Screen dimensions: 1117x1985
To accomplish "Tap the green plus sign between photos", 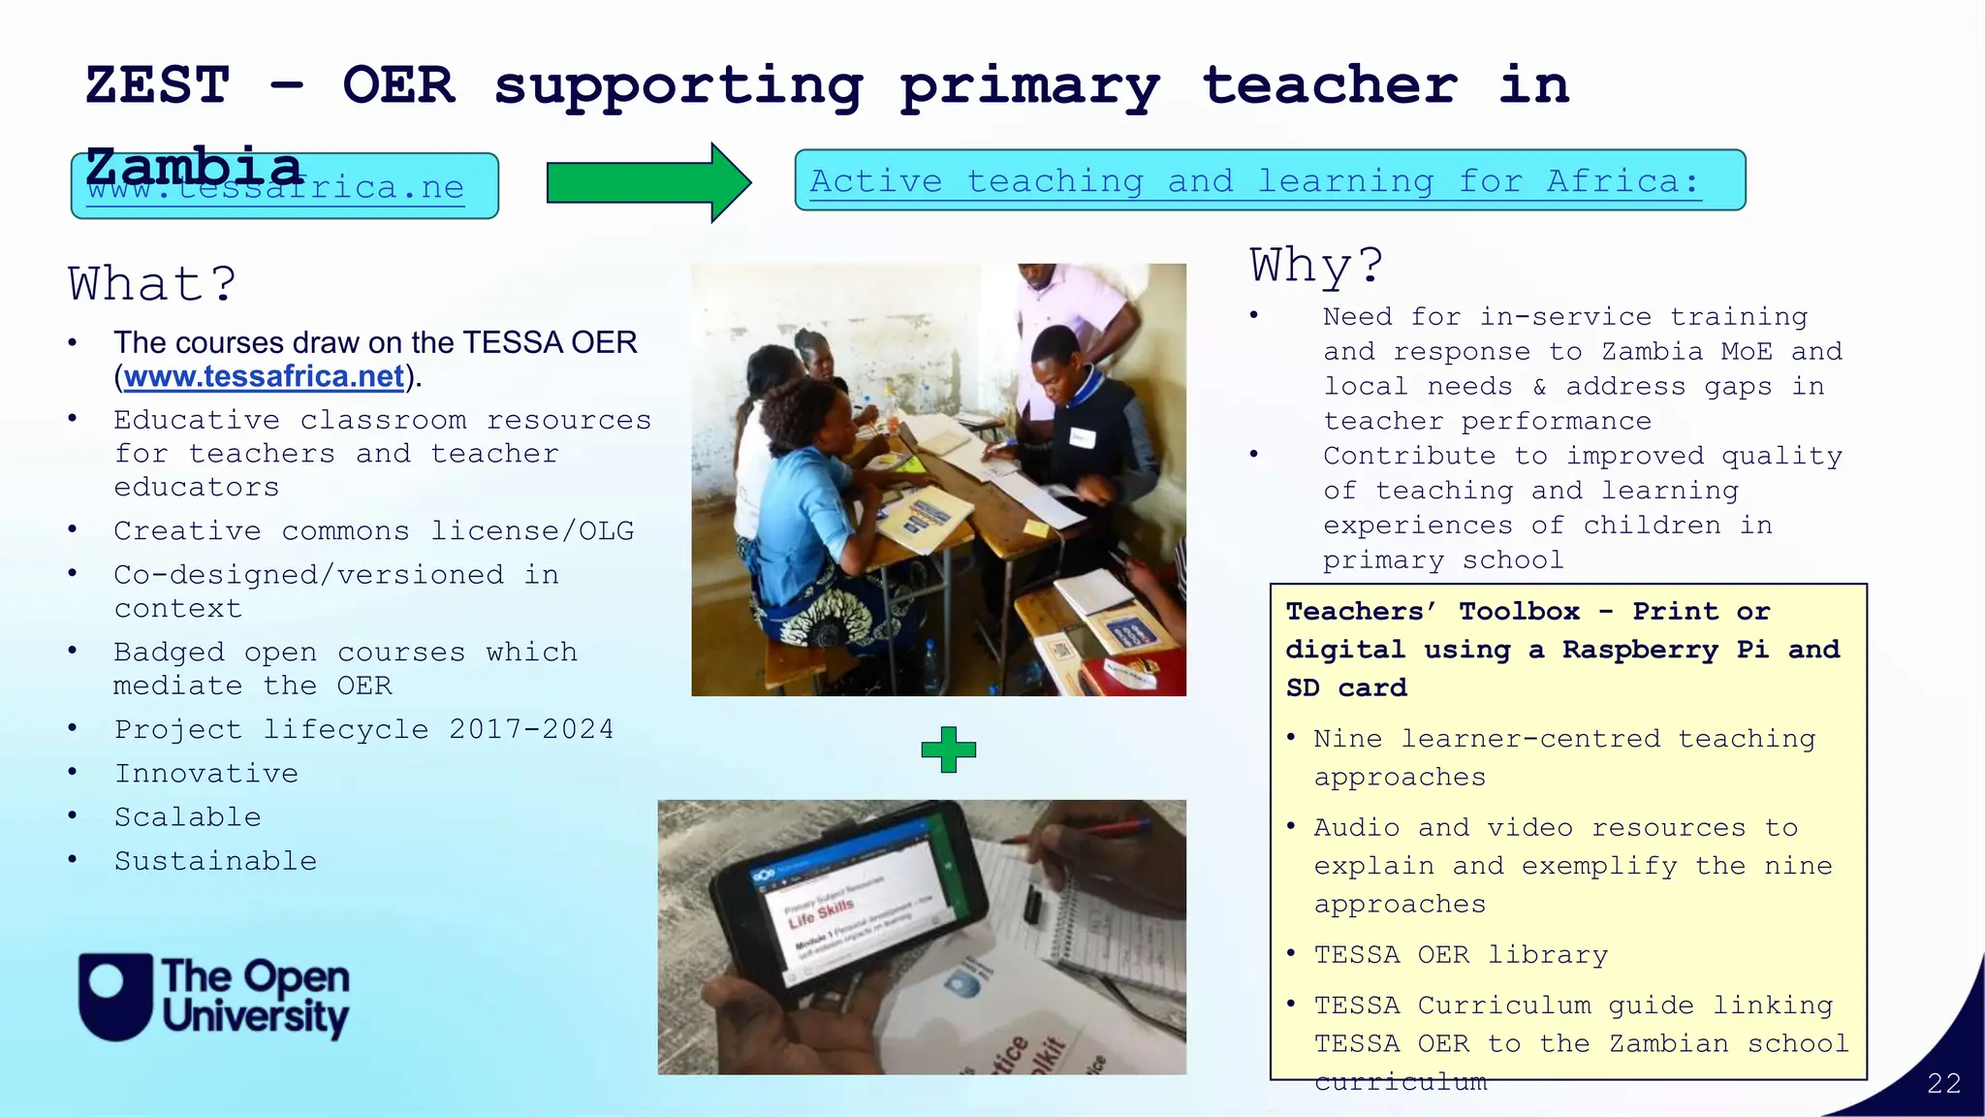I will pyautogui.click(x=948, y=750).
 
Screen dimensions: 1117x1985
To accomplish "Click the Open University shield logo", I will pyautogui.click(x=115, y=996).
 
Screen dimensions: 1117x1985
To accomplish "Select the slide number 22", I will pyautogui.click(x=1943, y=1083).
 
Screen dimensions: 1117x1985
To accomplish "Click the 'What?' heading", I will pyautogui.click(x=152, y=284).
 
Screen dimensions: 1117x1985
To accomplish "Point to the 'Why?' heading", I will pyautogui.click(x=1316, y=265).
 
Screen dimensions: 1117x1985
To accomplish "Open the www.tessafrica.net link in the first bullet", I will pyautogui.click(x=264, y=376).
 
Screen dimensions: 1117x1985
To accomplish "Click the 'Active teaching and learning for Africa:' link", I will pyautogui.click(x=1254, y=181).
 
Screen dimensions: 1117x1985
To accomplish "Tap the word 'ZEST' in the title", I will pyautogui.click(x=157, y=85).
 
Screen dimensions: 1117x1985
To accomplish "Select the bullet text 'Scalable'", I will pyautogui.click(x=188, y=817).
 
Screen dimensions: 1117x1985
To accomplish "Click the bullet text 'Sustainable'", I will pyautogui.click(x=215, y=861).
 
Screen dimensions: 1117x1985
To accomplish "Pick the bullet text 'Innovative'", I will pyautogui.click(x=206, y=774).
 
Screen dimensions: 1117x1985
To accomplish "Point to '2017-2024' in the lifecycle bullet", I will pyautogui.click(x=531, y=729).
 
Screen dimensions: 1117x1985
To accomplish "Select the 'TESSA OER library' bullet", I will pyautogui.click(x=1460, y=955).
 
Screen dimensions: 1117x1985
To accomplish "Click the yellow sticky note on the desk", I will pyautogui.click(x=1035, y=528).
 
